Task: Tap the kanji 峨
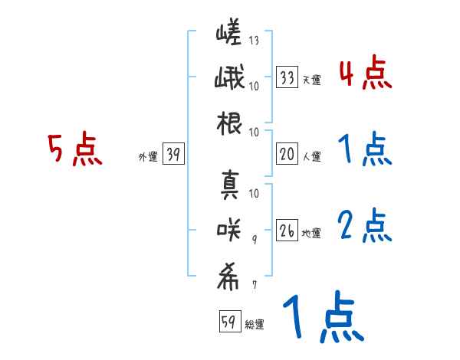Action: coord(229,79)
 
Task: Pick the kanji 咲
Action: coord(229,227)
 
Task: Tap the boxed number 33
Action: coord(287,77)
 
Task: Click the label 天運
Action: coord(311,79)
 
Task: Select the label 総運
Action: coord(255,324)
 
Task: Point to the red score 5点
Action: coord(74,149)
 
